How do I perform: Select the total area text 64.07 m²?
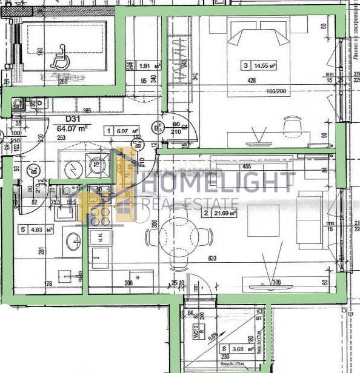(73, 128)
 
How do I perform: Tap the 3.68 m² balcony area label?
(230, 349)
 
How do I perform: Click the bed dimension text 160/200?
(276, 91)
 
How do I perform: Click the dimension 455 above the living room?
(247, 166)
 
